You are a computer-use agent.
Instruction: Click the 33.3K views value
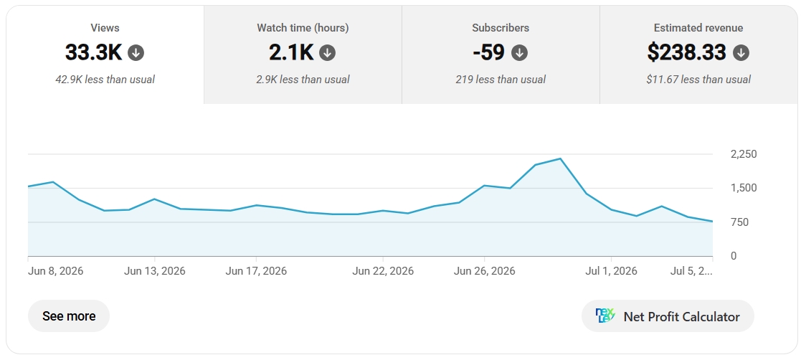pyautogui.click(x=93, y=52)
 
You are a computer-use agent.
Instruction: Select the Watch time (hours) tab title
pyautogui.click(x=303, y=28)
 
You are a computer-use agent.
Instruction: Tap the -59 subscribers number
pyautogui.click(x=489, y=52)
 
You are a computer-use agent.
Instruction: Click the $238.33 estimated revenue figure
pyautogui.click(x=686, y=52)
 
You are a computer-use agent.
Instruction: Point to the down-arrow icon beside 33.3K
pyautogui.click(x=136, y=52)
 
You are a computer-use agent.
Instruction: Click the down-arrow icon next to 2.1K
pyautogui.click(x=328, y=52)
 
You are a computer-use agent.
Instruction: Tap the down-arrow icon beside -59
pyautogui.click(x=519, y=52)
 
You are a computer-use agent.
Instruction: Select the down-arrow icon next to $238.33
pyautogui.click(x=741, y=52)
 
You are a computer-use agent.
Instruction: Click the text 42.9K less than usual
pyautogui.click(x=105, y=80)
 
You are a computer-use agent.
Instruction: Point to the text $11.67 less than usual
pyautogui.click(x=698, y=80)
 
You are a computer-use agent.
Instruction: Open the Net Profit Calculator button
pyautogui.click(x=668, y=316)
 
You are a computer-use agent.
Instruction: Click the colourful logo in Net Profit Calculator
pyautogui.click(x=606, y=316)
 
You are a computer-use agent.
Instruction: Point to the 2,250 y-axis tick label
pyautogui.click(x=736, y=154)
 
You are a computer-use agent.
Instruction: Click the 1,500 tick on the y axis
pyautogui.click(x=736, y=188)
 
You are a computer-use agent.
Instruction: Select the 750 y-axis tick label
pyautogui.click(x=734, y=222)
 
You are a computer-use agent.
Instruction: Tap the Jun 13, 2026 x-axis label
pyautogui.click(x=155, y=271)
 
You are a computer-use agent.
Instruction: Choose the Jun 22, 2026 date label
pyautogui.click(x=383, y=271)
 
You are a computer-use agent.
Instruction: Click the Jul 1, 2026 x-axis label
pyautogui.click(x=612, y=271)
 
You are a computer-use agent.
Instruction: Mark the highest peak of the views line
pyautogui.click(x=560, y=158)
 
